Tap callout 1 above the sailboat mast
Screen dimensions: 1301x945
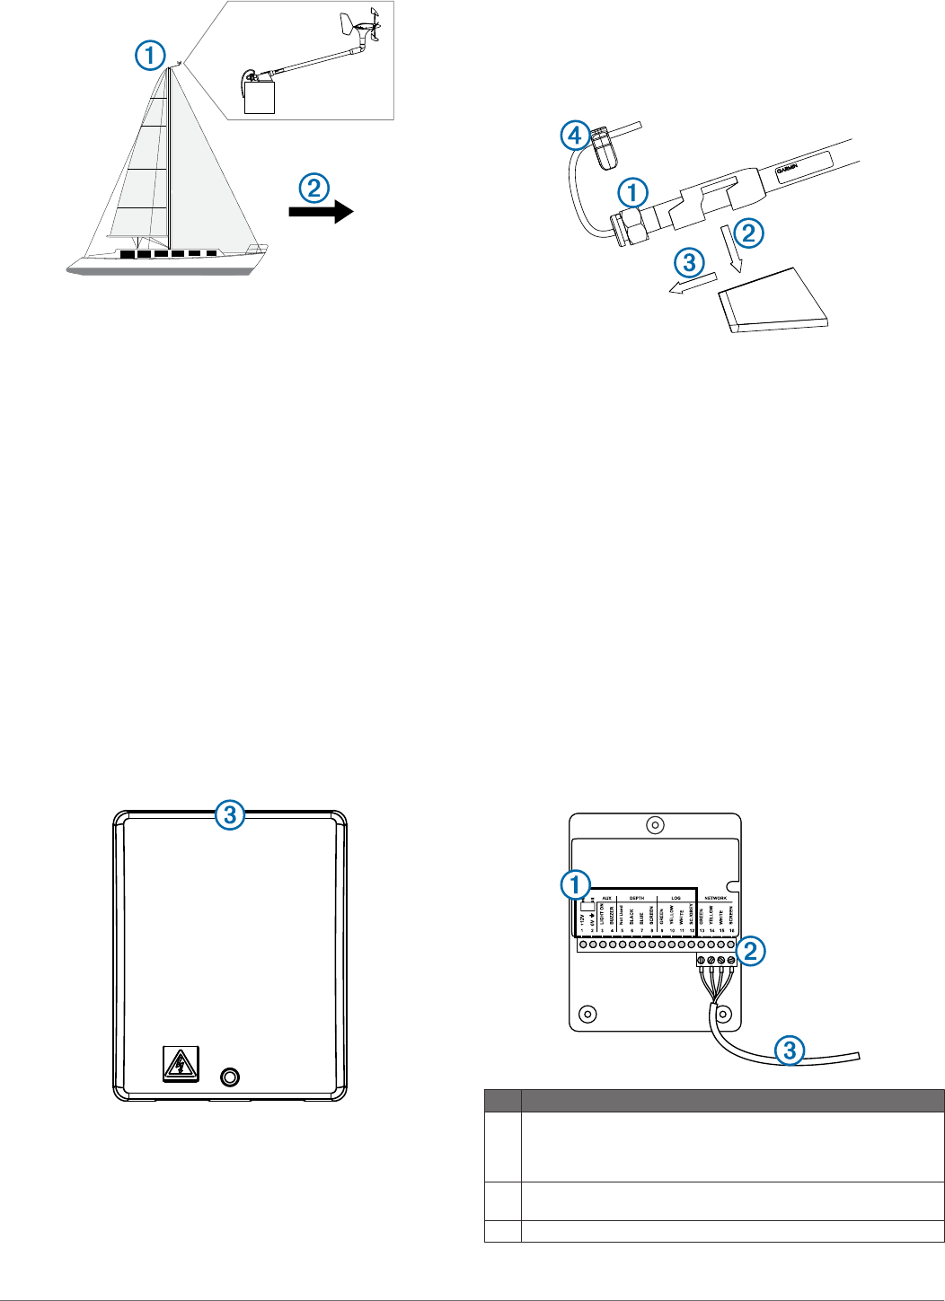tap(150, 56)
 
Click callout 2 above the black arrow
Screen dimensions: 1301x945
tap(314, 188)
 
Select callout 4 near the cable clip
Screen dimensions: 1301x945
tap(575, 136)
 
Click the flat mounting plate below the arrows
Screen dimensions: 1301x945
tap(774, 301)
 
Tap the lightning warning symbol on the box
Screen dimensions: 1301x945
tap(181, 1064)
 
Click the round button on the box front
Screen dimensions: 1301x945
tap(230, 1076)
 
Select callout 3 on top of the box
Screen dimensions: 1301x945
tap(230, 815)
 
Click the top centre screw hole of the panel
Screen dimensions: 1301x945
tap(656, 825)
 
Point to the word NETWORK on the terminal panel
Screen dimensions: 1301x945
tap(715, 898)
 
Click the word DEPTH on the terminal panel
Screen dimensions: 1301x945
tap(636, 898)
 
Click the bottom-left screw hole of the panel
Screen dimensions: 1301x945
tap(587, 1014)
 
